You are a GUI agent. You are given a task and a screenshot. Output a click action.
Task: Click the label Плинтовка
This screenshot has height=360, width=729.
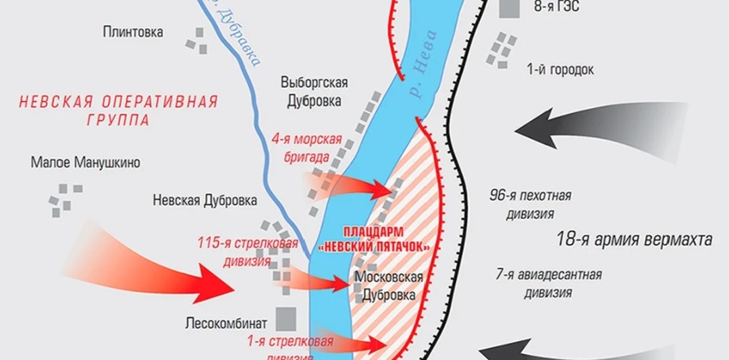[x=133, y=32]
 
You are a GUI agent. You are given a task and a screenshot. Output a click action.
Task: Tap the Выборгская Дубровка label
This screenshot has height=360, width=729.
[x=314, y=91]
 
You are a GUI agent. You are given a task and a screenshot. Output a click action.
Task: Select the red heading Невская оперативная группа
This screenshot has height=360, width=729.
[x=118, y=111]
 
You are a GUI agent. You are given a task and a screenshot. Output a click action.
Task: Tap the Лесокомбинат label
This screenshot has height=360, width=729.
[x=227, y=323]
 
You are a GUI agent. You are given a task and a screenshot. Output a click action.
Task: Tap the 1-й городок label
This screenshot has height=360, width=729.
[x=560, y=70]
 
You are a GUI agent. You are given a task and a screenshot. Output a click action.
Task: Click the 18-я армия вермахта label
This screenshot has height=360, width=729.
[x=634, y=240]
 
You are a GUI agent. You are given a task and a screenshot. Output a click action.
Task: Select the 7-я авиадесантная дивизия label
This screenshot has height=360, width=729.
[x=548, y=284]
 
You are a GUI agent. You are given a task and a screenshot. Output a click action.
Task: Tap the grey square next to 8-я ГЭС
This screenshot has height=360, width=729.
[x=510, y=8]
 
